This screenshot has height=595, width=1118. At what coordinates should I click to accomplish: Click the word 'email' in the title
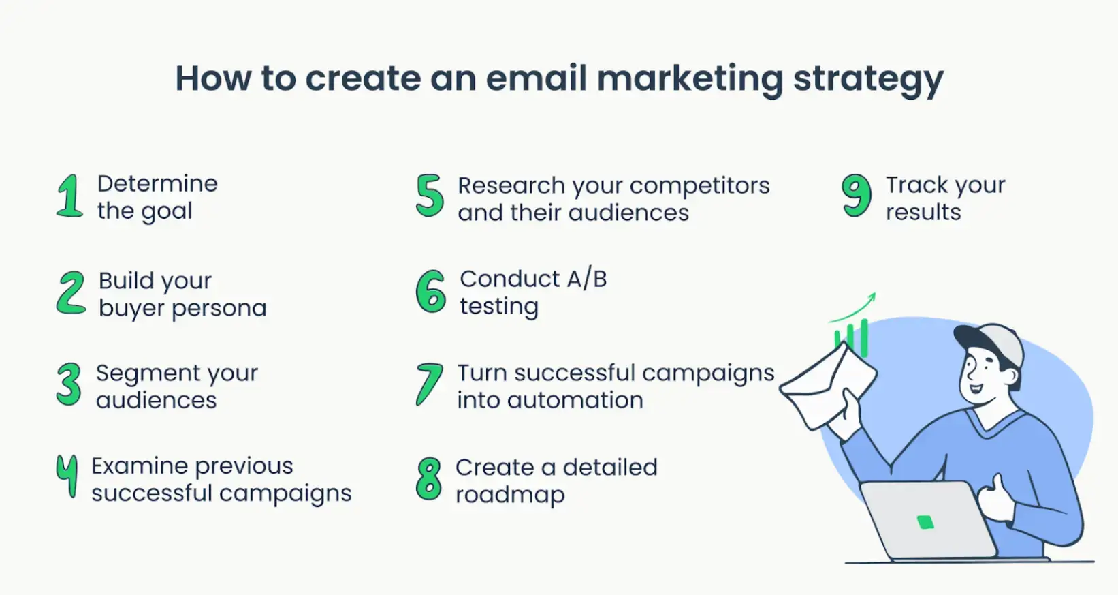point(537,78)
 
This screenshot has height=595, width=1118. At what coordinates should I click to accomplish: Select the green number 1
point(69,196)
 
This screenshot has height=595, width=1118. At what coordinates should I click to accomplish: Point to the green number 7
point(429,385)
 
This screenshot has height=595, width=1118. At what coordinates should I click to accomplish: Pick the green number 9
point(856,195)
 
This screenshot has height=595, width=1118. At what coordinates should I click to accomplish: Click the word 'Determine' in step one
point(157,183)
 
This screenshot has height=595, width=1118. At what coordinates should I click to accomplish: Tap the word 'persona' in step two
point(219,309)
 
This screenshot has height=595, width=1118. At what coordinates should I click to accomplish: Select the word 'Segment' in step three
point(148,373)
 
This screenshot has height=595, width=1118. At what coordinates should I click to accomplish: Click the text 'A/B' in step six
point(586,279)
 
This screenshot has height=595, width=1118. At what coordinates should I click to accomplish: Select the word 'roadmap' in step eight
point(510,495)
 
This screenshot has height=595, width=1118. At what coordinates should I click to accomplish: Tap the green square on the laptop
point(925,522)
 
